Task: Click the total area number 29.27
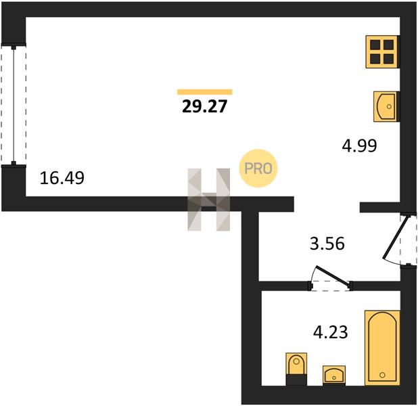coord(204,106)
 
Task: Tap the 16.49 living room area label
coord(62,178)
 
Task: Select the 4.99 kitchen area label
coord(359,145)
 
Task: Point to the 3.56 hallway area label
coord(327,244)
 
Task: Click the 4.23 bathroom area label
coord(330,332)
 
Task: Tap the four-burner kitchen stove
coord(383,51)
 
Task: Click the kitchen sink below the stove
coord(386,106)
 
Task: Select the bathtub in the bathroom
coord(382,348)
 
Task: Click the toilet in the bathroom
coord(296,369)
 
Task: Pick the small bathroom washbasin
coord(334,375)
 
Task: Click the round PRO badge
coord(258,168)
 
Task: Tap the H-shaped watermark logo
coord(209,200)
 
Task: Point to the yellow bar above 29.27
coord(205,92)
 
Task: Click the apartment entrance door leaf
coord(396,238)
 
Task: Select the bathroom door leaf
coord(333,275)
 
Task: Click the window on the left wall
coord(14,105)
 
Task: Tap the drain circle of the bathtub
coord(382,375)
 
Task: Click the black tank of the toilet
coord(296,380)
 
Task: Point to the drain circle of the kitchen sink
coord(389,106)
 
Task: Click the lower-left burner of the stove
coord(375,59)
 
